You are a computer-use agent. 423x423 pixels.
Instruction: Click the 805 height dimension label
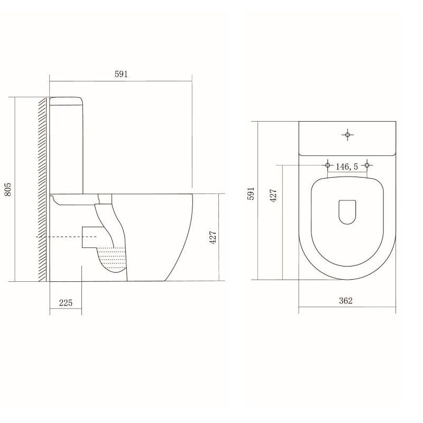click(x=8, y=189)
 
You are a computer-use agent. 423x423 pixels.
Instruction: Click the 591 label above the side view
click(x=121, y=74)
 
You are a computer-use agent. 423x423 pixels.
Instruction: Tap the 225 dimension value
click(x=66, y=302)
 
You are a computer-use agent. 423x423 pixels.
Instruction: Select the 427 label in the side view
click(x=213, y=237)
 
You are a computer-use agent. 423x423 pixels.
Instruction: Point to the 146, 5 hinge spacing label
click(x=347, y=167)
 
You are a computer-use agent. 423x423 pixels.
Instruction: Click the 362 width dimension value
click(x=346, y=300)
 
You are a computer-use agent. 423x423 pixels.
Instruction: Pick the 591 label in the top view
click(x=251, y=194)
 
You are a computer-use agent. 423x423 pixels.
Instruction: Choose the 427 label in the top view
click(x=273, y=195)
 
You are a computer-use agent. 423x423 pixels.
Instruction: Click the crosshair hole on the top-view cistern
click(x=347, y=134)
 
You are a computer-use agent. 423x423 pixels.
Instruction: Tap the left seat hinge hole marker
click(x=328, y=165)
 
